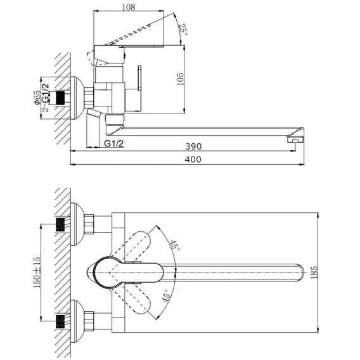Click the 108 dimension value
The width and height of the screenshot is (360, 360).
point(128,8)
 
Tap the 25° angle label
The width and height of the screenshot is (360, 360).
point(183,30)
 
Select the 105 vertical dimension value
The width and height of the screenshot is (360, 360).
point(181,79)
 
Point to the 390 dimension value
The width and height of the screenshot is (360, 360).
point(193,146)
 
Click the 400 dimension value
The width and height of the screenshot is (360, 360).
point(193,159)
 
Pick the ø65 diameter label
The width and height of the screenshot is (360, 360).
point(37,98)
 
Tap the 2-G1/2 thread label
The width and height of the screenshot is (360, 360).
point(46,98)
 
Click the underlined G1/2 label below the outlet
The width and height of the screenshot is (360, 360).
point(114,143)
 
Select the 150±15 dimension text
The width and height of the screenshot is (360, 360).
point(37,273)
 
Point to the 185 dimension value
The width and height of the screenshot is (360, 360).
point(314,273)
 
